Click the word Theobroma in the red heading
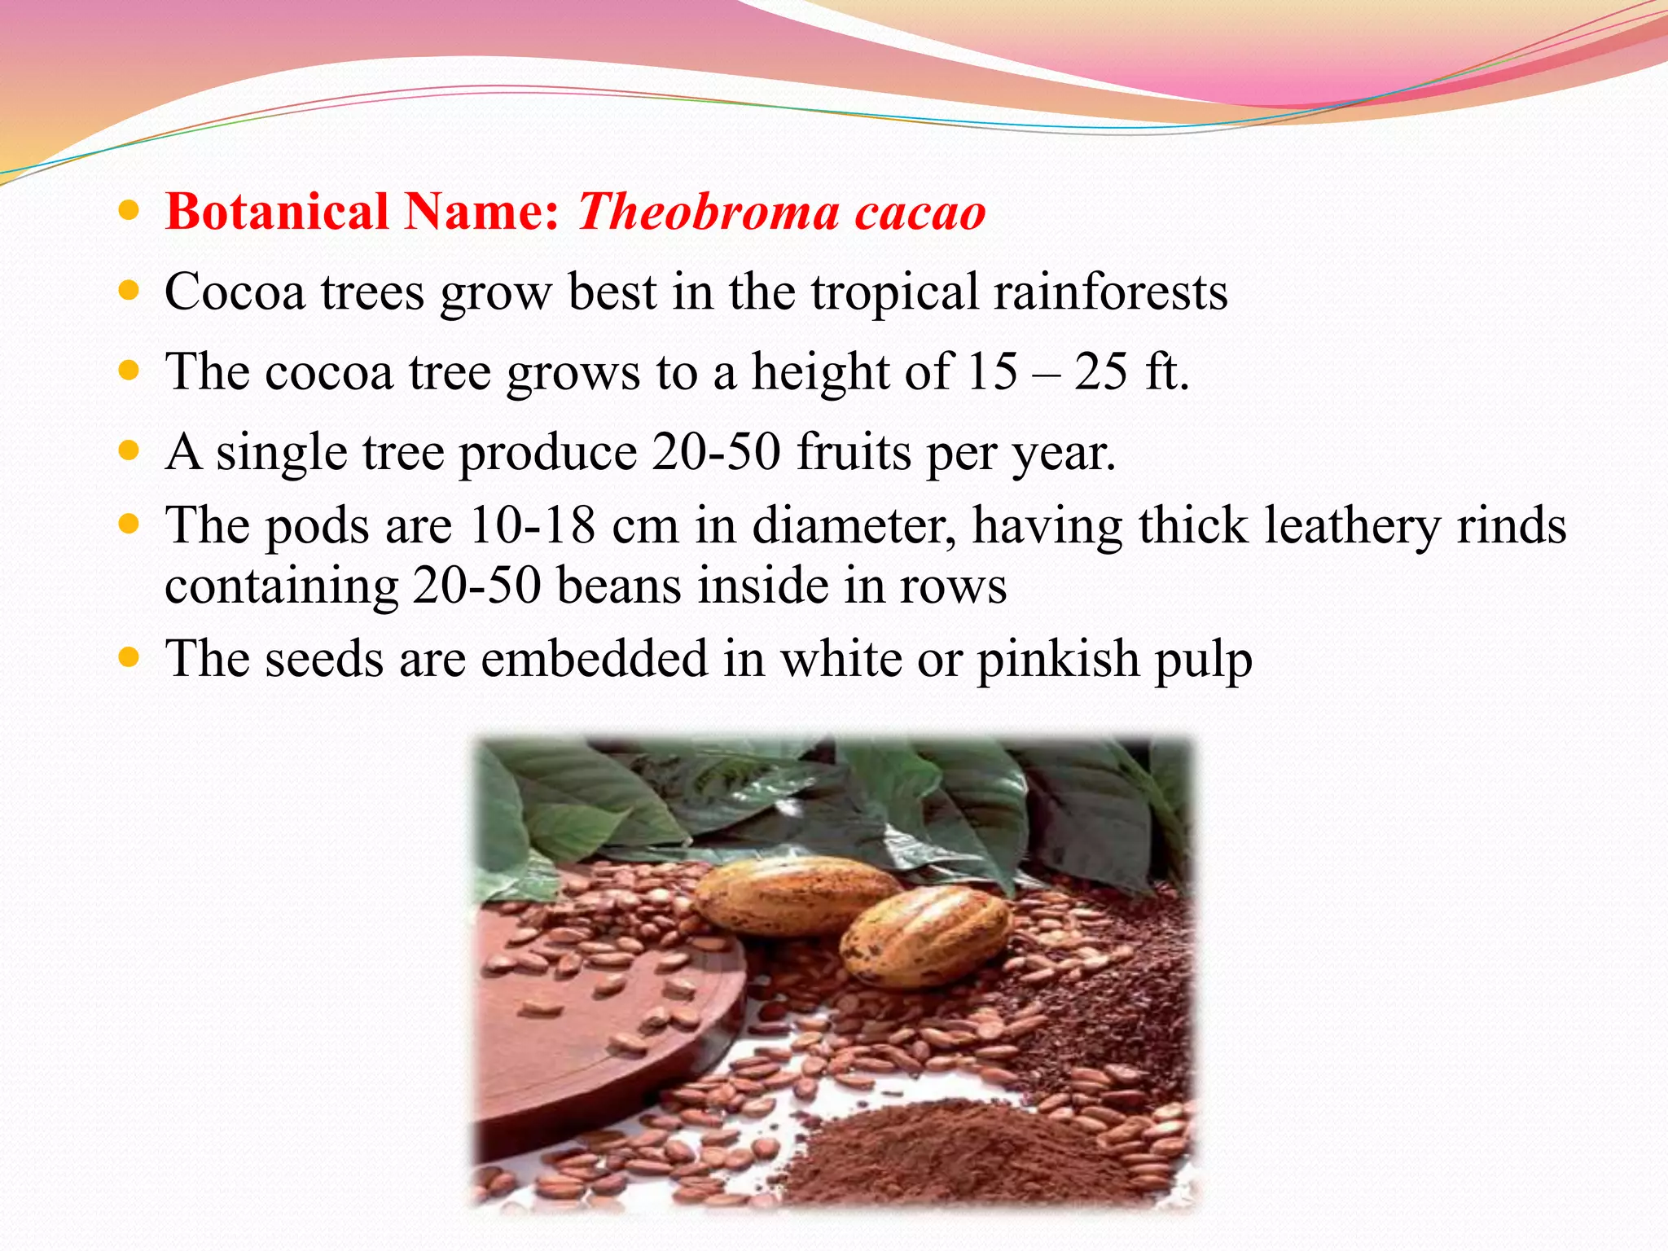pyautogui.click(x=708, y=212)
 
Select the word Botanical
pyautogui.click(x=277, y=212)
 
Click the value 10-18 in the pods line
pyautogui.click(x=533, y=525)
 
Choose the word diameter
pyautogui.click(x=853, y=525)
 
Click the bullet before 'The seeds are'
pyautogui.click(x=129, y=657)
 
